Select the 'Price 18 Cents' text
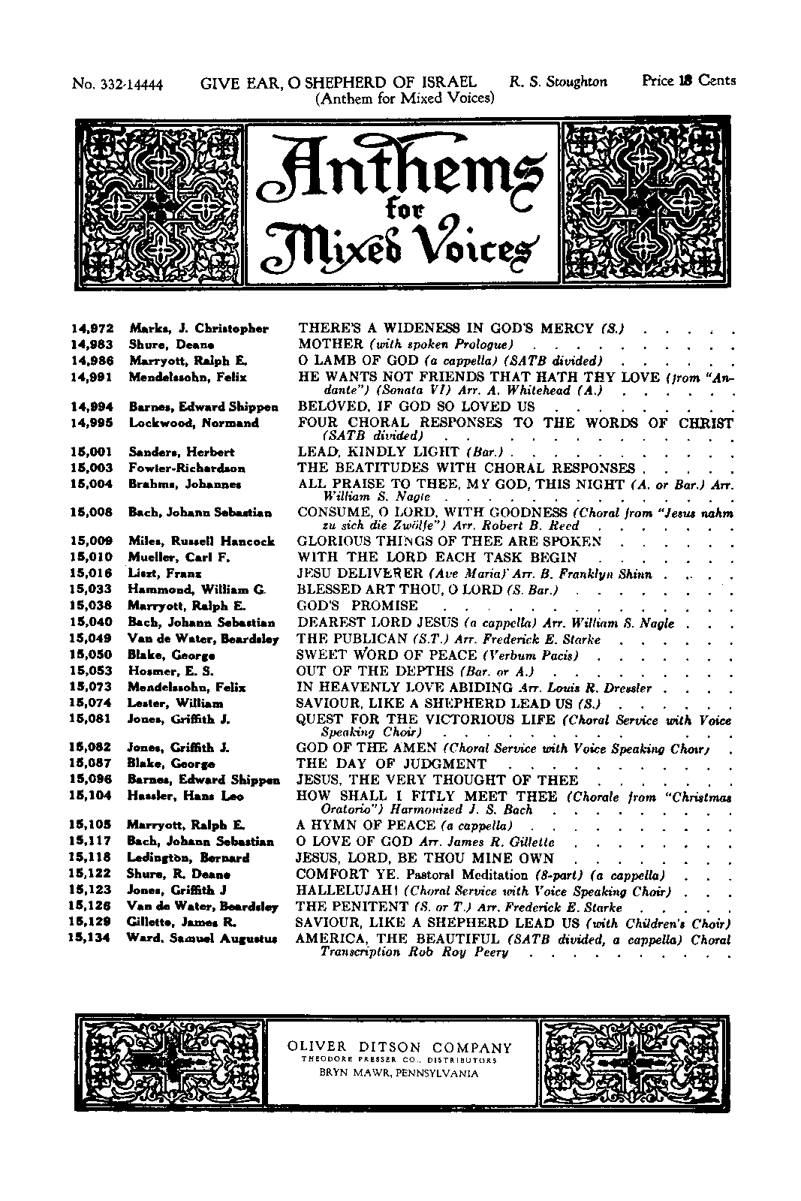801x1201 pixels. click(x=688, y=81)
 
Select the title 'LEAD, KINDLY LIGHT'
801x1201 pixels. click(x=379, y=452)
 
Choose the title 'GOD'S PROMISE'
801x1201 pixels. click(x=358, y=606)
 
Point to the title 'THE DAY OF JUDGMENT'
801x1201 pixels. click(x=381, y=763)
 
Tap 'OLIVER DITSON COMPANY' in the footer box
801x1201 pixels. click(x=401, y=1049)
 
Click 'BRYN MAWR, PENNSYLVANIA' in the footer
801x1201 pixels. click(x=399, y=1073)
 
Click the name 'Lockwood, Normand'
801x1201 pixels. click(x=194, y=423)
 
